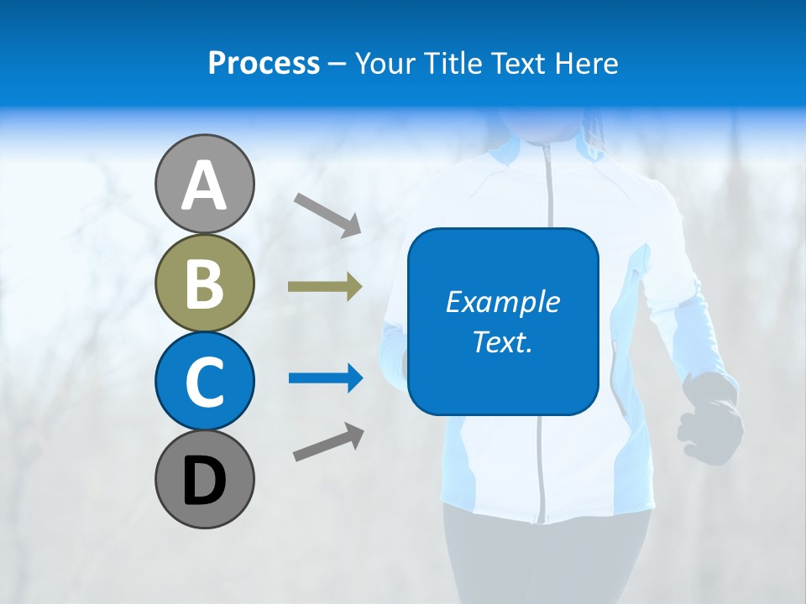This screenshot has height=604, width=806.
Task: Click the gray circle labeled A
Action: pyautogui.click(x=204, y=184)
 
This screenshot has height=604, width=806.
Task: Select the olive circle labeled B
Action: pyautogui.click(x=204, y=283)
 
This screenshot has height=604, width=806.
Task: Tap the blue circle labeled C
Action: pyautogui.click(x=204, y=381)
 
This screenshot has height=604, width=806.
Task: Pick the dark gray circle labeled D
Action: pyautogui.click(x=204, y=479)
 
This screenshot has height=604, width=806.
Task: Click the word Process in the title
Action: pyautogui.click(x=264, y=64)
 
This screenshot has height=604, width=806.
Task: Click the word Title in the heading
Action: pyautogui.click(x=454, y=64)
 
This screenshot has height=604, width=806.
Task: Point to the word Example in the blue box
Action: pyautogui.click(x=502, y=302)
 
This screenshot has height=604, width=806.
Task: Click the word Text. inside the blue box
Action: pyautogui.click(x=502, y=341)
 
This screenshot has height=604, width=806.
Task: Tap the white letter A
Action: pyautogui.click(x=204, y=185)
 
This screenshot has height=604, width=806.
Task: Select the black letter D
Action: pyautogui.click(x=204, y=482)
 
